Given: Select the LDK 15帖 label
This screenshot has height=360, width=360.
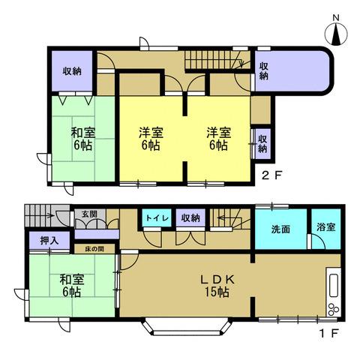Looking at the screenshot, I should pos(218,285).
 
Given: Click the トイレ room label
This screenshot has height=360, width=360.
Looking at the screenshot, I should pos(157,217).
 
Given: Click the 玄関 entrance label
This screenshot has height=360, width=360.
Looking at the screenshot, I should pos(89,214).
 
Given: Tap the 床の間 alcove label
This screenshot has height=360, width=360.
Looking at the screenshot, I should pos(94,247).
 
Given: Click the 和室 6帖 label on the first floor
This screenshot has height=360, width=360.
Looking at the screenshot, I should pos(72,286).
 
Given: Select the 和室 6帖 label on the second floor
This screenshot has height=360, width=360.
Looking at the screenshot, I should pos(82,139).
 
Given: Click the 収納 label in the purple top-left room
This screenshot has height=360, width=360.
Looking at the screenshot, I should pos(72,72).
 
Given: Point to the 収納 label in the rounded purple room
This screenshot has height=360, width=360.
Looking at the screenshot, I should pos(264,72).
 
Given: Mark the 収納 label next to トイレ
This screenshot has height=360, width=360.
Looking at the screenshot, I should pos(190,217).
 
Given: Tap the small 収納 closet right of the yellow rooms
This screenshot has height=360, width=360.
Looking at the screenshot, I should pos(262,142).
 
